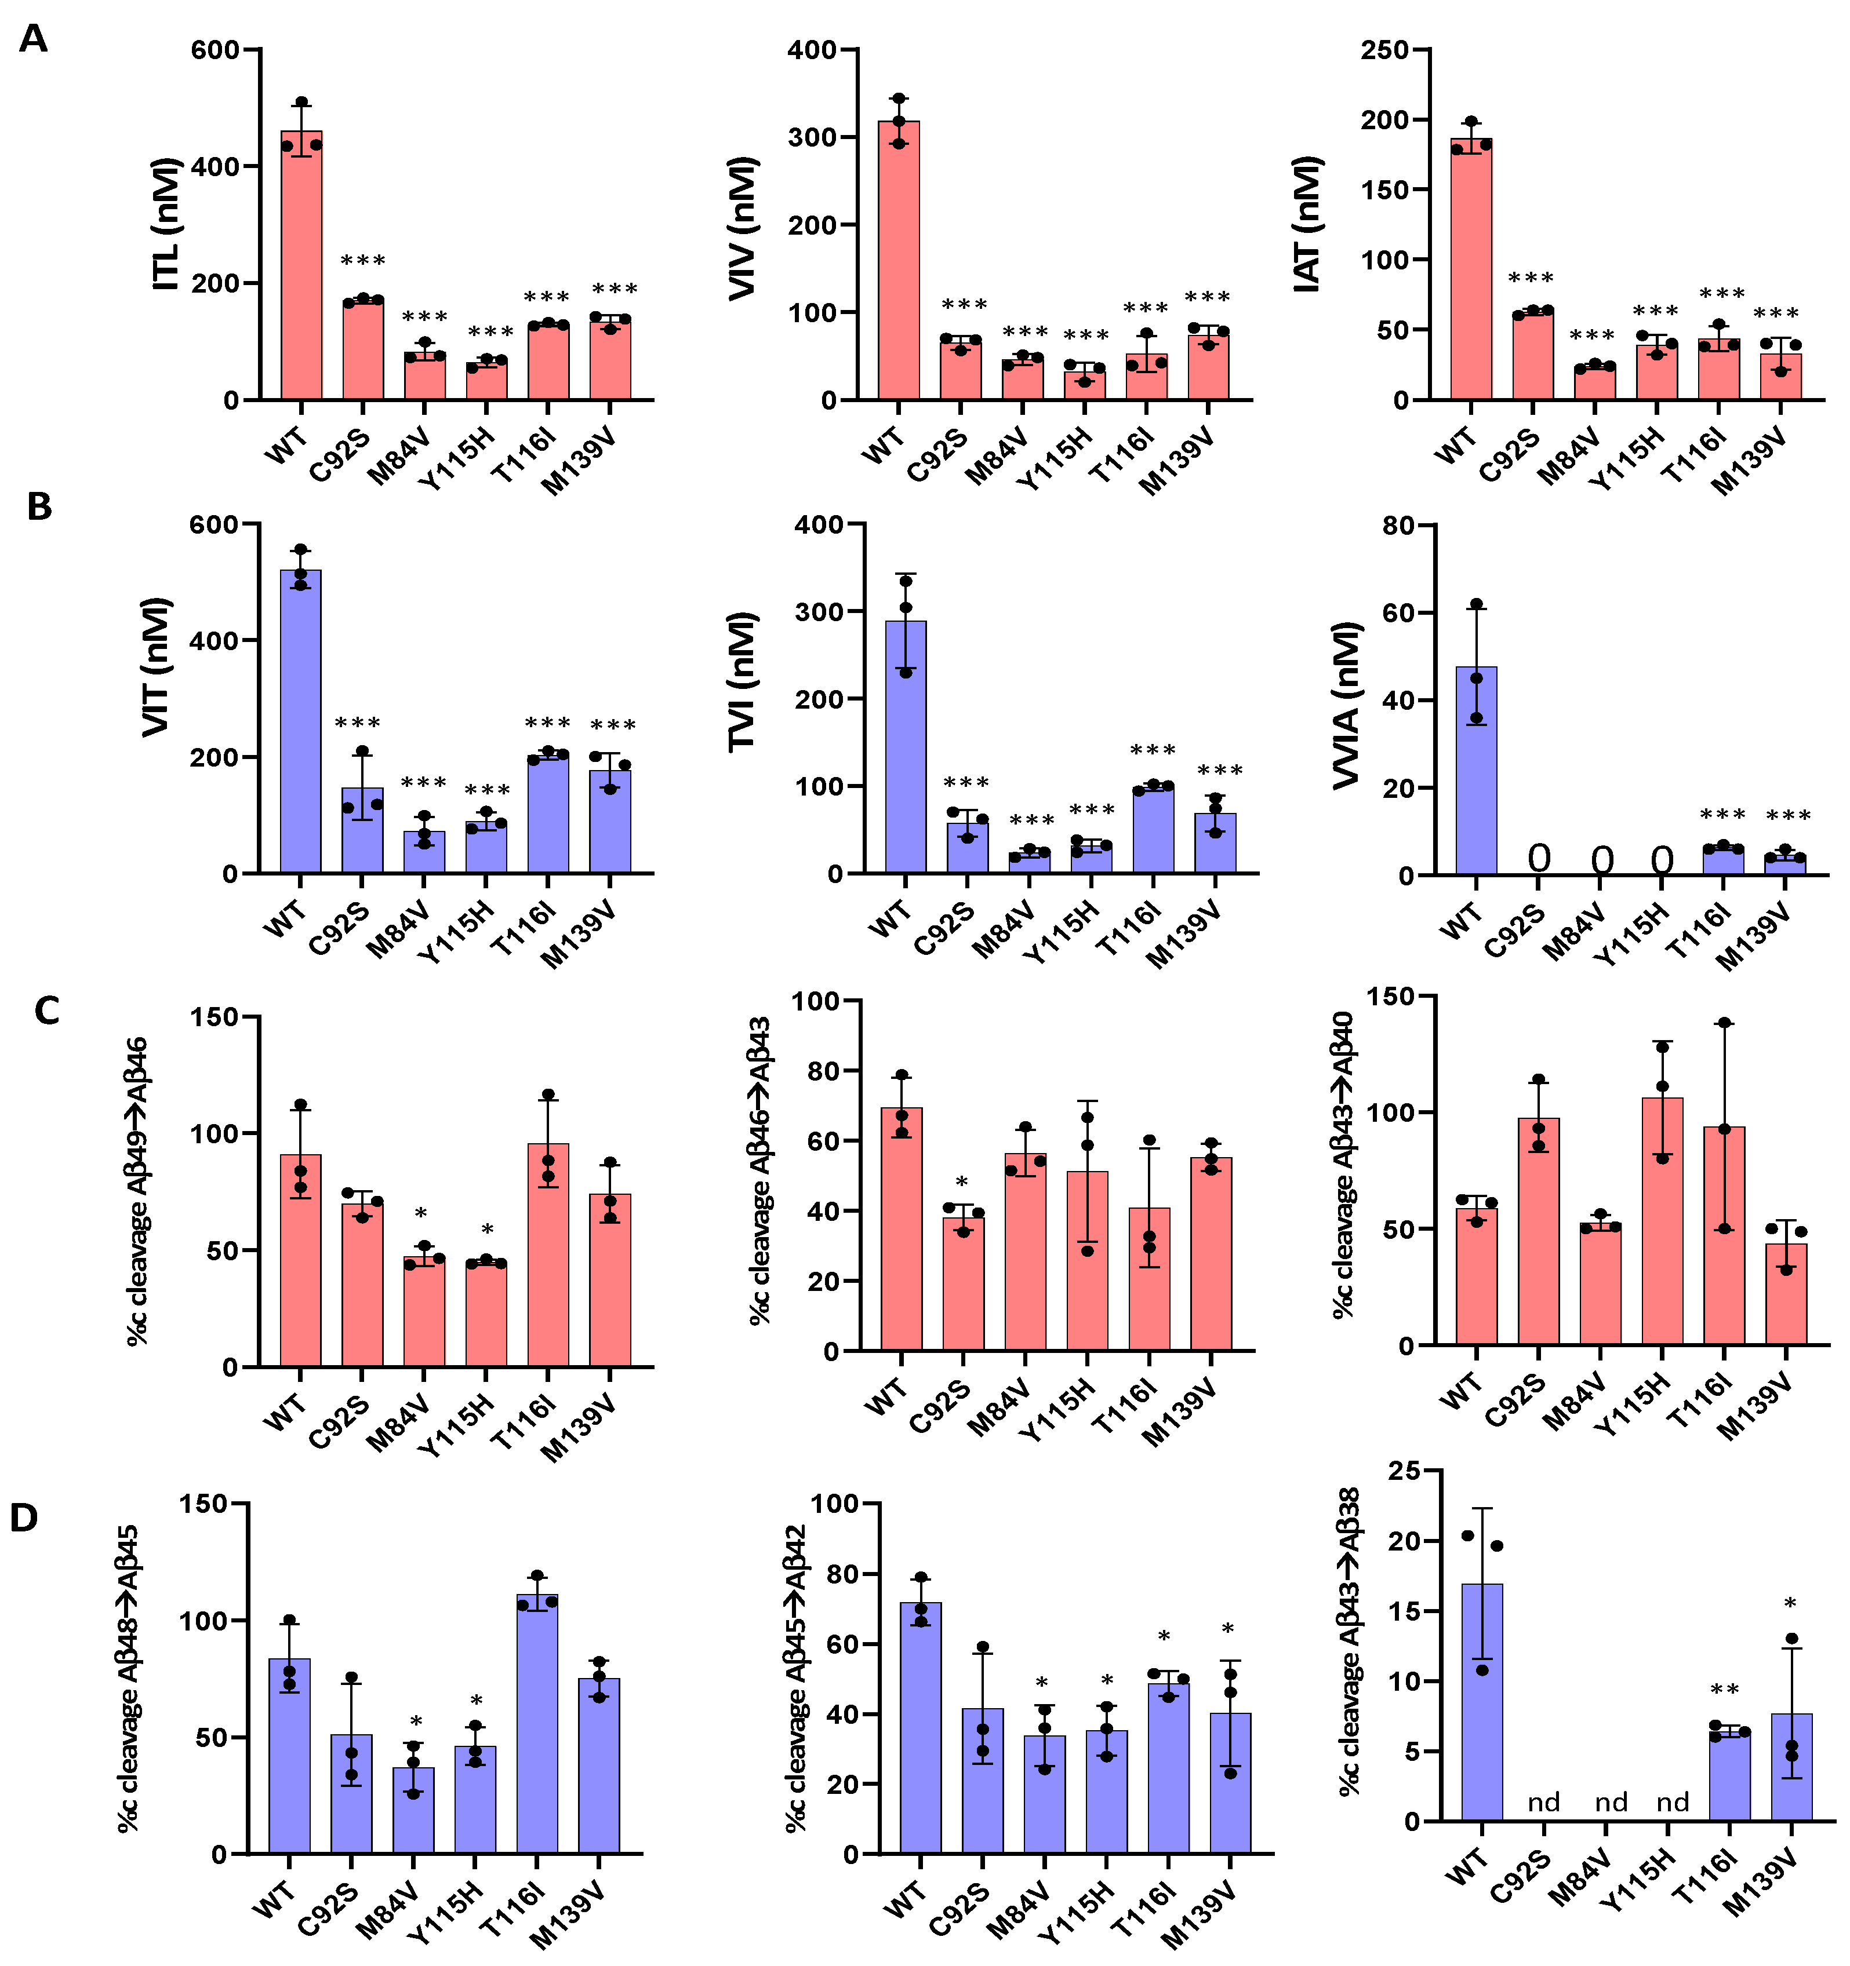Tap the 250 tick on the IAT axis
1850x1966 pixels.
1385,49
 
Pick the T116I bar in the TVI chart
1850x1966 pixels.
1154,831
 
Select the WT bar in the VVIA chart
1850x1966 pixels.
1476,771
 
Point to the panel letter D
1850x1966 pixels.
24,1518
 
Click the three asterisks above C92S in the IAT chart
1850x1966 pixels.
1532,278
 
